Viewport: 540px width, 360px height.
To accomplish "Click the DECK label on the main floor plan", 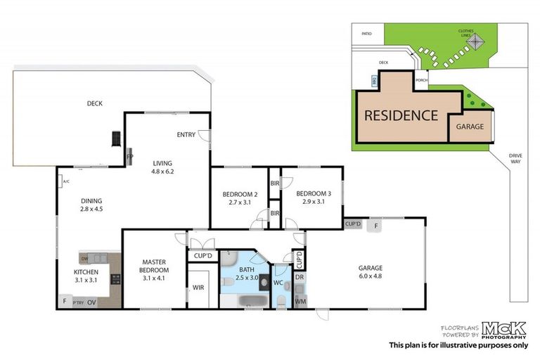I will pos(95,103).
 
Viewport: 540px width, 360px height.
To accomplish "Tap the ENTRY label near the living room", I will pos(186,135).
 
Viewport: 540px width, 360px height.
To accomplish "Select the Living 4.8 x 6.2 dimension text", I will pos(163,171).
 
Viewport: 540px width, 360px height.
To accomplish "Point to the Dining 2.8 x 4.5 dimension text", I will pos(91,209).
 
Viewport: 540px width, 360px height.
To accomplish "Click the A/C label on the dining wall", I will pos(66,183).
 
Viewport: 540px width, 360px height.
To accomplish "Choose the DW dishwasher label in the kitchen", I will pos(84,258).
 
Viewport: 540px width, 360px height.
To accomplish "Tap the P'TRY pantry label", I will pos(77,302).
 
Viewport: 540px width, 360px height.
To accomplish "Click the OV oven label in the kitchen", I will pos(91,302).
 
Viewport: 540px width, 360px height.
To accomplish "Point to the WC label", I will pos(278,283).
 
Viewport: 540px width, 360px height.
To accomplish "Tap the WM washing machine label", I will pos(300,302).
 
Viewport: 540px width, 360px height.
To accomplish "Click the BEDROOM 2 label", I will pos(240,194).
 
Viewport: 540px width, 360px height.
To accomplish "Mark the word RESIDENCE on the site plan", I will pos(401,115).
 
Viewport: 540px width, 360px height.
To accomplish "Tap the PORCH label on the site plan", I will pos(421,79).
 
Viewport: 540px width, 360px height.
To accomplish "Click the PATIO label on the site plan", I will pos(366,33).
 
